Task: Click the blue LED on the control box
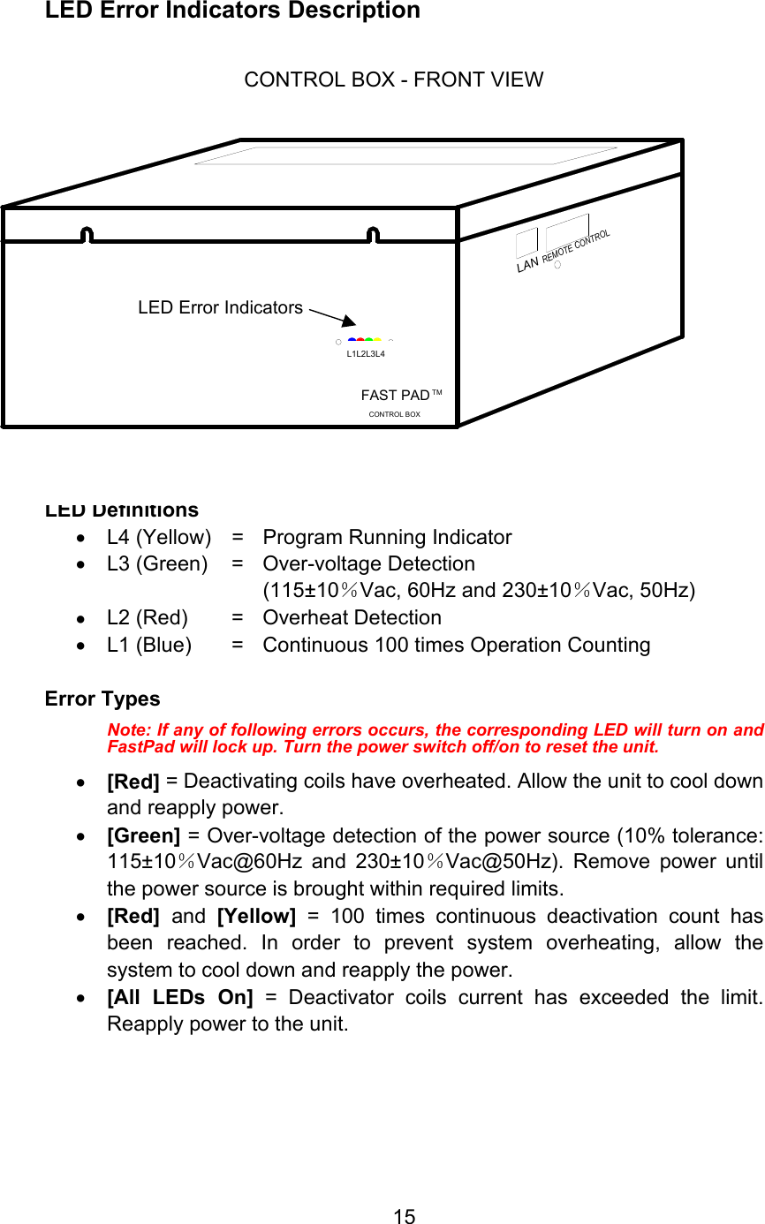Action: click(352, 339)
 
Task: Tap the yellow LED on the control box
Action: click(377, 339)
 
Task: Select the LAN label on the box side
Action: click(527, 263)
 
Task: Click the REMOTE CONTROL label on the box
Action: click(576, 246)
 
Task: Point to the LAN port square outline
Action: click(526, 243)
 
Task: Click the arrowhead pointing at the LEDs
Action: click(351, 324)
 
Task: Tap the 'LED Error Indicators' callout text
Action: click(220, 307)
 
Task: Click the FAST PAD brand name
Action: click(395, 395)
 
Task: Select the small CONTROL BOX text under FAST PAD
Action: click(394, 414)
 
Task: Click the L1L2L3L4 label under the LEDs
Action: click(366, 354)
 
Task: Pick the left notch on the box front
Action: click(87, 234)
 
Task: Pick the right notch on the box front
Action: click(373, 234)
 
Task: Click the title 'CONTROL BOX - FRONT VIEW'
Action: click(393, 79)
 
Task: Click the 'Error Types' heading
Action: click(102, 699)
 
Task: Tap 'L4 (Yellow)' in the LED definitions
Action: click(159, 537)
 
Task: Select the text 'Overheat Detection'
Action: click(352, 617)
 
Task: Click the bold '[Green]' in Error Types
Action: click(143, 835)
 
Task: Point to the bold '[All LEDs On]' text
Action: click(179, 997)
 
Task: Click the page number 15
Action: click(404, 1217)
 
